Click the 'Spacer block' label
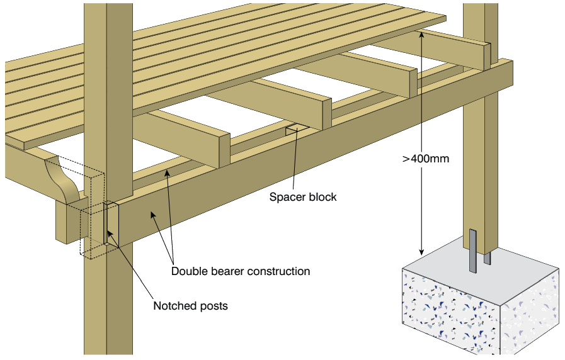[x=303, y=197]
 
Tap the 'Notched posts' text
[x=190, y=307]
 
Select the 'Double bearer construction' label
[x=241, y=272]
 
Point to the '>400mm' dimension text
[x=426, y=159]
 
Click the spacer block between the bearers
[x=296, y=131]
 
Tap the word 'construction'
[x=278, y=272]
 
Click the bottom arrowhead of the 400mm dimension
[x=421, y=254]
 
